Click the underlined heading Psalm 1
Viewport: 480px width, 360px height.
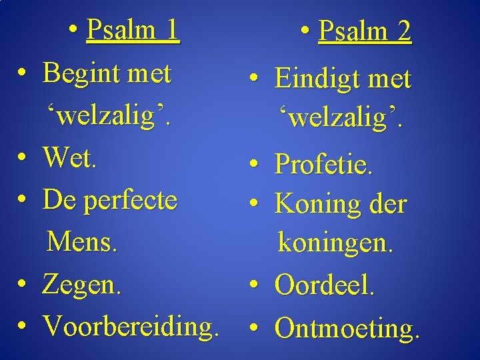pyautogui.click(x=133, y=30)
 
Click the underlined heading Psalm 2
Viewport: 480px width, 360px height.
pyautogui.click(x=365, y=31)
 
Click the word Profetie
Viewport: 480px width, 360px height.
pyautogui.click(x=323, y=165)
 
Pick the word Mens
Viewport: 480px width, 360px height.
pyautogui.click(x=82, y=242)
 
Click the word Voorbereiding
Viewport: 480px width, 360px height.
pyautogui.click(x=130, y=326)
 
